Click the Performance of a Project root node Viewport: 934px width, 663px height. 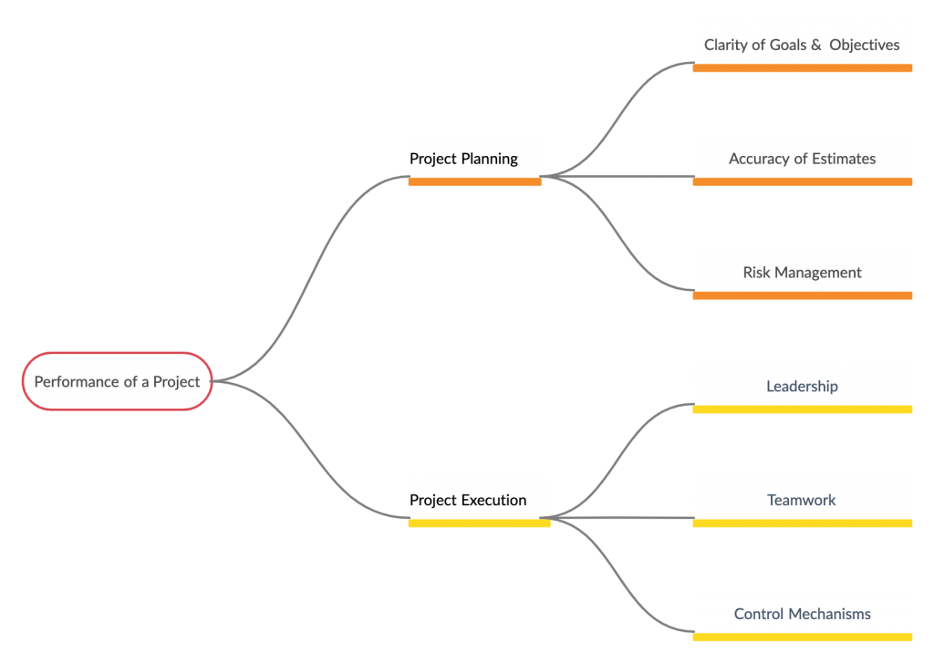click(117, 381)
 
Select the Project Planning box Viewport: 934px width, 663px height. click(474, 160)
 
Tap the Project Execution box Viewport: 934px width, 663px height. click(479, 501)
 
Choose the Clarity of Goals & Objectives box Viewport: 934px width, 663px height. click(802, 46)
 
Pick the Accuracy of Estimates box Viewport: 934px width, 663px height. click(802, 160)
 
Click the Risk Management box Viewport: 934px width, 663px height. click(802, 273)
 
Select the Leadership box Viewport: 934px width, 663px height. click(802, 387)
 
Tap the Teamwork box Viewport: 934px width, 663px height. click(802, 501)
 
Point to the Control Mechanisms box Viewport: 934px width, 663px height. click(802, 614)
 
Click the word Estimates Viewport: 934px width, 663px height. click(842, 160)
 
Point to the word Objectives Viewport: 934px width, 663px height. click(864, 46)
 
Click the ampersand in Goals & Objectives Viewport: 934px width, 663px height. click(815, 46)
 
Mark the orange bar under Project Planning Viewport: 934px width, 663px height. click(474, 181)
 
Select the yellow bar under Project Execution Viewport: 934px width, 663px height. click(479, 523)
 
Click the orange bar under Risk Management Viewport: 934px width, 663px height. click(802, 295)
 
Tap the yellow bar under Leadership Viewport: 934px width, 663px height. click(802, 409)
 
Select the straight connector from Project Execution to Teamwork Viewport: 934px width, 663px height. click(620, 518)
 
